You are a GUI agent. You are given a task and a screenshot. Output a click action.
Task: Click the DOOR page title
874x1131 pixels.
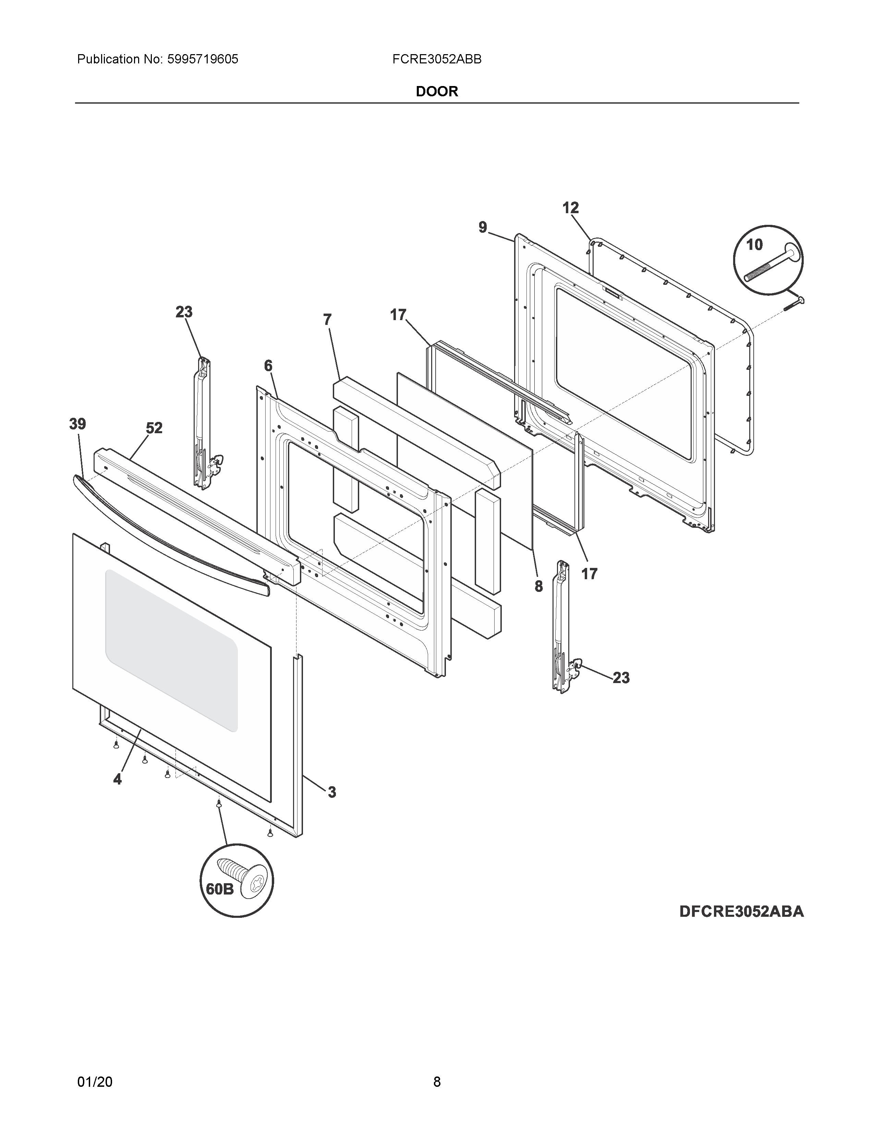click(436, 92)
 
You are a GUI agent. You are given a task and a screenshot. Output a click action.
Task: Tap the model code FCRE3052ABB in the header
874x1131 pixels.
click(436, 60)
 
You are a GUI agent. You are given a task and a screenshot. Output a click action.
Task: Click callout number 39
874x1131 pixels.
click(78, 424)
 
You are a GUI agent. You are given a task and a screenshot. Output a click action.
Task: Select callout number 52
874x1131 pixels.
click(154, 428)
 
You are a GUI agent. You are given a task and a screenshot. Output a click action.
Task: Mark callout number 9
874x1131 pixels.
click(483, 227)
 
